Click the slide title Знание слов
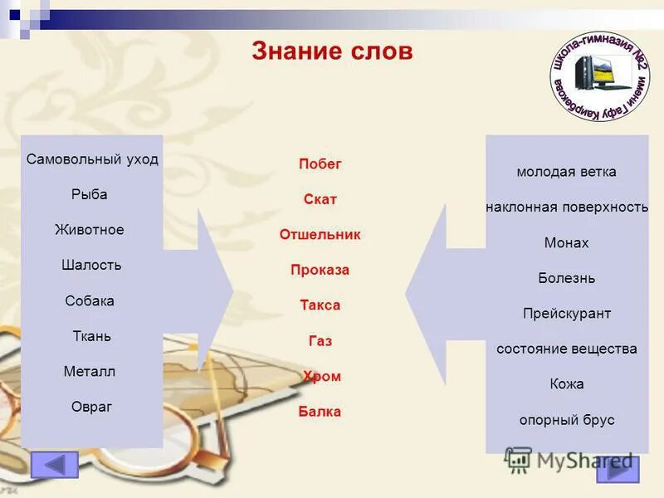click(332, 51)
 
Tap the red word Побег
click(320, 164)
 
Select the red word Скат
click(320, 199)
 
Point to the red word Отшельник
click(320, 235)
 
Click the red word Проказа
click(320, 270)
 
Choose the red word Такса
click(320, 305)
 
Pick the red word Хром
click(322, 376)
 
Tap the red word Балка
click(320, 412)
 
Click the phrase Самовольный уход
click(92, 159)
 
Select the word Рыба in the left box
click(90, 194)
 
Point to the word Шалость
click(91, 266)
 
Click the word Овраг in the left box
click(91, 407)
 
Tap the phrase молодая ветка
click(566, 173)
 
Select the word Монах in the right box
click(566, 243)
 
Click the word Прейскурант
click(567, 314)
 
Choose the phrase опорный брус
click(567, 420)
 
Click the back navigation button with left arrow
click(55, 465)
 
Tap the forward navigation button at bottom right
click(618, 469)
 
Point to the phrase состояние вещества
click(567, 349)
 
